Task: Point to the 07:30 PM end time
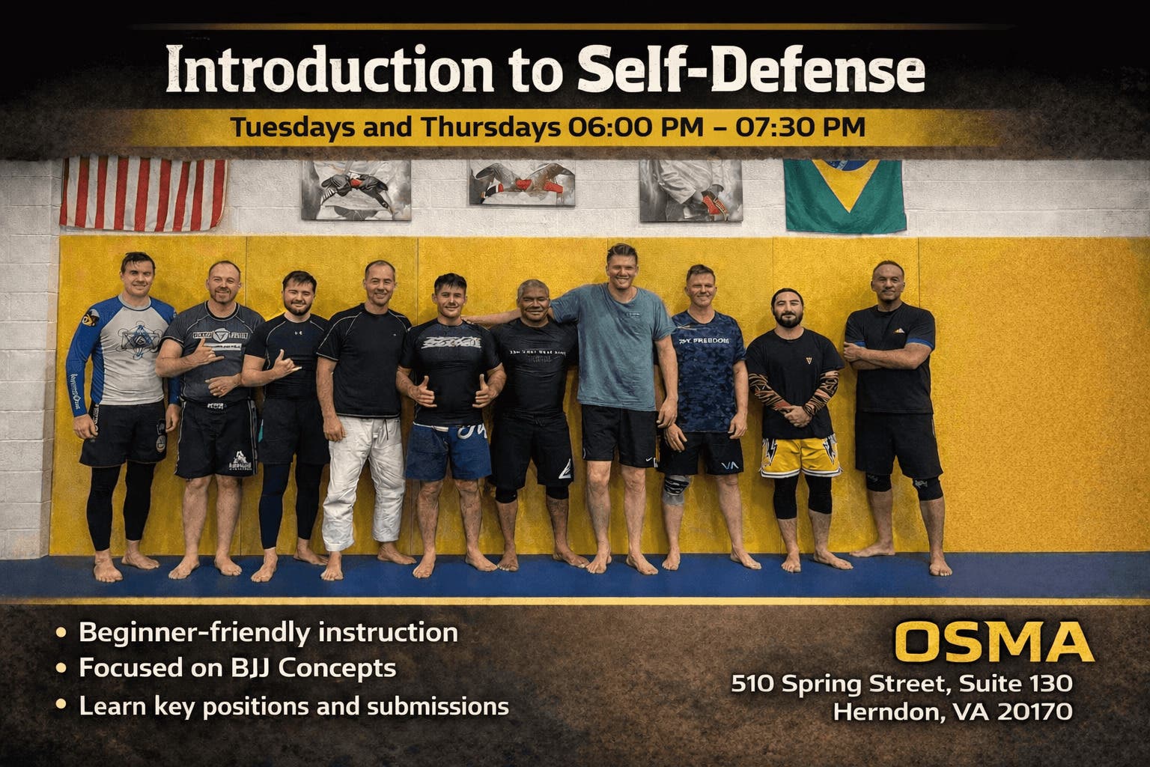coord(800,127)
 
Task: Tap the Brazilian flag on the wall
coord(844,195)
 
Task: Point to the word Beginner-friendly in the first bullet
coord(195,633)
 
